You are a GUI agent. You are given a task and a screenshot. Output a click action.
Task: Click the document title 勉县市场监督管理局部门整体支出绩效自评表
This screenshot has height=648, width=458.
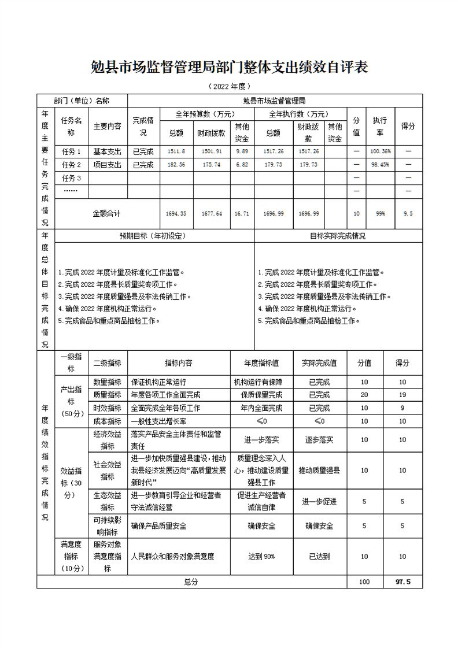[x=230, y=68]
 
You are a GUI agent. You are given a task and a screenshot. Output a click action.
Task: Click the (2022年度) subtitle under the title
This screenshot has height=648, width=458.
[x=230, y=87]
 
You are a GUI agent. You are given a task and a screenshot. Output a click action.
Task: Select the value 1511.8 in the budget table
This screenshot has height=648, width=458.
[x=176, y=151]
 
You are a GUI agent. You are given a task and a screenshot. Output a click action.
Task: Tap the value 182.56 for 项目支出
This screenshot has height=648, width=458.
[x=176, y=165]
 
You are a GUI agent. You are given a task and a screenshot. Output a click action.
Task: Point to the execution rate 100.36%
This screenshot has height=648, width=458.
[x=380, y=151]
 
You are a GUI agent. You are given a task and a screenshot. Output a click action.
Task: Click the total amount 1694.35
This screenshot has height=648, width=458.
[x=176, y=213]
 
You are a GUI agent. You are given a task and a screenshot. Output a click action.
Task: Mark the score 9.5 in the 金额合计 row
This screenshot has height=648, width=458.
[x=408, y=213]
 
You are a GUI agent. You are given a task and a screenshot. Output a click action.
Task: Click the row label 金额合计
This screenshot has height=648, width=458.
[x=106, y=213]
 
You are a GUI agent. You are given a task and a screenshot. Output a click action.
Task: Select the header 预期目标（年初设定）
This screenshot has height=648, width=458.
[x=153, y=236]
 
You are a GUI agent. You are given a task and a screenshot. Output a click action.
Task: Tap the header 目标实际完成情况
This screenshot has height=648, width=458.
[x=338, y=236]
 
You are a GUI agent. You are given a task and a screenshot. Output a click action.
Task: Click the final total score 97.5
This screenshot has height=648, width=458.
[x=403, y=582]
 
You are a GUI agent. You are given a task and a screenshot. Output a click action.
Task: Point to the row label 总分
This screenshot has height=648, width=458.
[x=191, y=582]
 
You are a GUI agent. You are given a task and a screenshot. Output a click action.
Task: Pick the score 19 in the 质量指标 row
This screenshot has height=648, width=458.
[x=403, y=395]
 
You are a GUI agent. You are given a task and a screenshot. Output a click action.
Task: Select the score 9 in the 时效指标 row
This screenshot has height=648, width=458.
[x=403, y=408]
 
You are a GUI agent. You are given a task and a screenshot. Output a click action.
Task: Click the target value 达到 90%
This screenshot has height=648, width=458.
[x=261, y=556]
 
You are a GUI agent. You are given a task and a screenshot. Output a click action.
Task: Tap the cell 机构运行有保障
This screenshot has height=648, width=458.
[x=261, y=382]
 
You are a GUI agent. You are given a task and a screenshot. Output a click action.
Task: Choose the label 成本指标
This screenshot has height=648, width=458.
[x=107, y=421]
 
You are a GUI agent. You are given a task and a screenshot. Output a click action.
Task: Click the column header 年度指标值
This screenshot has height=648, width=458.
[x=261, y=363]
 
